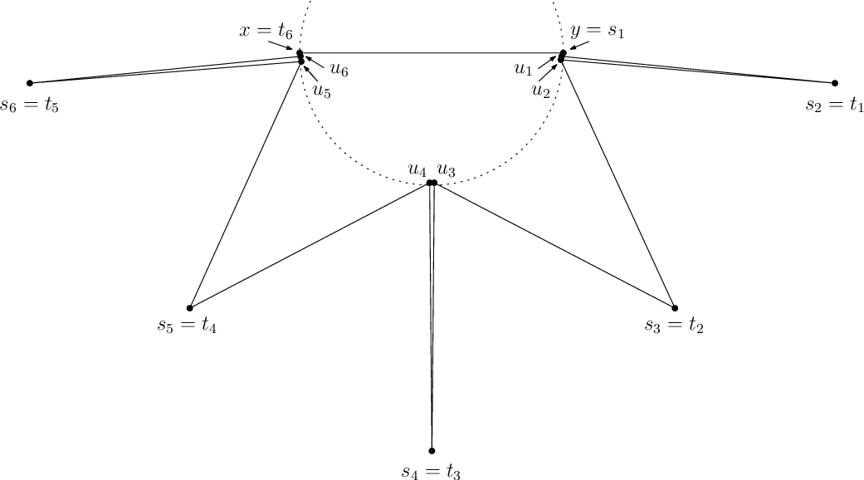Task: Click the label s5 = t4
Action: (x=188, y=325)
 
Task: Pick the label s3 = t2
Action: (x=674, y=325)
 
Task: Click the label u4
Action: (x=417, y=169)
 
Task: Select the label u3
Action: (x=446, y=169)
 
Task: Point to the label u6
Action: (x=339, y=70)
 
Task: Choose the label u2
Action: (x=540, y=90)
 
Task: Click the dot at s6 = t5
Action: (x=30, y=83)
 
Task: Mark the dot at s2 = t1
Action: (x=835, y=83)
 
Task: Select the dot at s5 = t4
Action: (x=190, y=307)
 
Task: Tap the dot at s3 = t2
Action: (x=674, y=307)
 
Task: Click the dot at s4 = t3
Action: (x=432, y=451)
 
